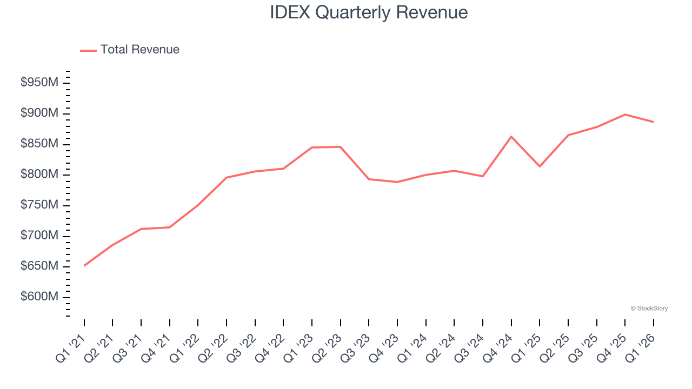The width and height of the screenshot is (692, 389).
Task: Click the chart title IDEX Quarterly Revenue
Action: coord(369,12)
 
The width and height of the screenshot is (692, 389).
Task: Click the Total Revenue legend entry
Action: coord(130,50)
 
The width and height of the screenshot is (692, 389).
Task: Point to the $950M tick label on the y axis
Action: coord(39,83)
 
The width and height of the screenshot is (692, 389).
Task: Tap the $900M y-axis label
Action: coord(39,113)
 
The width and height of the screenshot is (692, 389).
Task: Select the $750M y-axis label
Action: coord(39,205)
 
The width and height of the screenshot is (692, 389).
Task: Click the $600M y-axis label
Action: coord(39,297)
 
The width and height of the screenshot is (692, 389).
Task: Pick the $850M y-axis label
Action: coord(39,144)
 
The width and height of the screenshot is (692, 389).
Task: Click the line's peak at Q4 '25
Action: coord(625,115)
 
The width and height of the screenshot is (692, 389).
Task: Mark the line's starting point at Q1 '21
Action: coord(84,265)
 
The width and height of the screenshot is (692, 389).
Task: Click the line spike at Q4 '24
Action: coord(511,137)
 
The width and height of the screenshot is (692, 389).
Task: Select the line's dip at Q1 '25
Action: coord(540,166)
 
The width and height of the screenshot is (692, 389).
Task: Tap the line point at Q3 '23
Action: coord(369,179)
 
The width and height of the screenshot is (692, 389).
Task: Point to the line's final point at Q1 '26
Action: coord(653,122)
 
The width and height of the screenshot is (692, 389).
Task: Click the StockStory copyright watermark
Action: coord(649,308)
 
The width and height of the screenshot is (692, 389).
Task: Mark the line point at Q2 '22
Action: coord(227,177)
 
